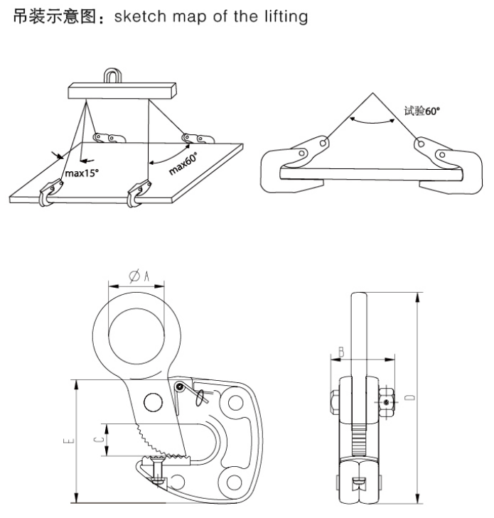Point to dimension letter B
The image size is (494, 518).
(341, 352)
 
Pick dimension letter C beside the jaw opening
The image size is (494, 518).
(100, 440)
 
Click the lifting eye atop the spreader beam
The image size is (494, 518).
(112, 75)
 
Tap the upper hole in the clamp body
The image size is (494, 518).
(231, 404)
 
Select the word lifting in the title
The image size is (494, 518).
(284, 16)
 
